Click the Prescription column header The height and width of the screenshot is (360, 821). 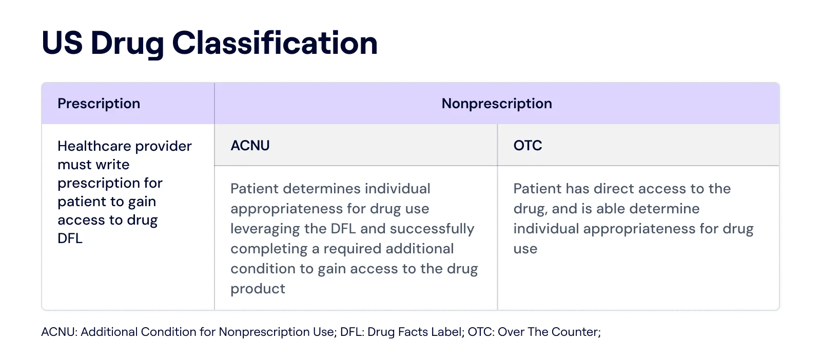(x=99, y=104)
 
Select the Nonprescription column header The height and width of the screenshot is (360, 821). (x=497, y=104)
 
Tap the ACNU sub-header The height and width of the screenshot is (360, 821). (x=250, y=146)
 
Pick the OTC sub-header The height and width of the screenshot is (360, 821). (x=527, y=146)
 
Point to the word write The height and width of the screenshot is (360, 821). (x=115, y=165)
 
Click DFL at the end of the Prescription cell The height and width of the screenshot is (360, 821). (x=70, y=238)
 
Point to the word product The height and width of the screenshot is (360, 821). (x=258, y=289)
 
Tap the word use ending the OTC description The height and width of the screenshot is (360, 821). (x=525, y=249)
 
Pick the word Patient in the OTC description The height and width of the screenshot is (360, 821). (x=537, y=189)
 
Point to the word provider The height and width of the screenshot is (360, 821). (x=164, y=146)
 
